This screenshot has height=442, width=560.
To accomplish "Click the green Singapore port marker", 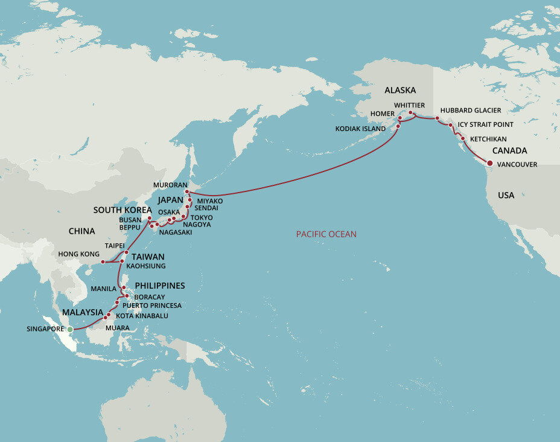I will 69,329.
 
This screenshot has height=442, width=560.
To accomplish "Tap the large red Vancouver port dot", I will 489,163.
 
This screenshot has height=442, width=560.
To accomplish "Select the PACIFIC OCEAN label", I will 326,234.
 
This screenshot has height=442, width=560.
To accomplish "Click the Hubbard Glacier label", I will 471,110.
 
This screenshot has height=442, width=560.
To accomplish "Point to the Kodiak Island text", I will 361,129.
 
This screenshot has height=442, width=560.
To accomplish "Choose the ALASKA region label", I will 400,90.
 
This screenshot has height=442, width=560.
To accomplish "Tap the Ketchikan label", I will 488,139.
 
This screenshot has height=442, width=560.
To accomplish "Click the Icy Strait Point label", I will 486,125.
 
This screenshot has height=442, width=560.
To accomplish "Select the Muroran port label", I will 171,185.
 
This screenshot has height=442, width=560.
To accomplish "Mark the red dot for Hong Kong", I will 103,262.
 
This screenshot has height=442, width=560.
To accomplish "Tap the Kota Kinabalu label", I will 142,316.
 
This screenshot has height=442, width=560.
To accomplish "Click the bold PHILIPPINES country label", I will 160,286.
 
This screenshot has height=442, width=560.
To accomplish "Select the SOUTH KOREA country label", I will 123,210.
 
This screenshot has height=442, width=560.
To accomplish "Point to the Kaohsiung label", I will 146,266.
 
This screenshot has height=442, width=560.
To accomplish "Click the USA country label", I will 506,195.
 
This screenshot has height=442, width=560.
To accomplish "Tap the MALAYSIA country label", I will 83,312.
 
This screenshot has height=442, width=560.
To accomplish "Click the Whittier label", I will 410,105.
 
